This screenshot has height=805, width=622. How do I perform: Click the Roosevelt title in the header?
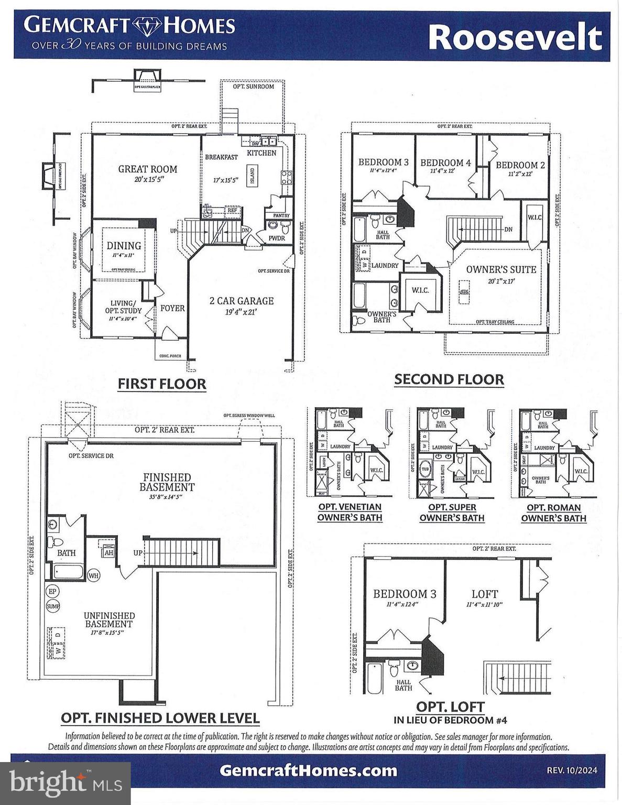515,37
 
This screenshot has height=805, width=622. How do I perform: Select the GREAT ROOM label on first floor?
147,169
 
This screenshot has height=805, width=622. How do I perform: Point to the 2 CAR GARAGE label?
242,301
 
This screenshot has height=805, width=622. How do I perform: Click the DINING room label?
124,245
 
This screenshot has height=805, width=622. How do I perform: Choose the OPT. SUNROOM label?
253,86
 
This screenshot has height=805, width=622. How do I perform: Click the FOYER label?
172,308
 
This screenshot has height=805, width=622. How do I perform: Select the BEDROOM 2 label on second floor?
520,165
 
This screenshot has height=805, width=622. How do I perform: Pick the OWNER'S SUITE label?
501,269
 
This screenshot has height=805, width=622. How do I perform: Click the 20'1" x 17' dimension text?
501,281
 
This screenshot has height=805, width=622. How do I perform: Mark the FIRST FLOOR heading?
161,384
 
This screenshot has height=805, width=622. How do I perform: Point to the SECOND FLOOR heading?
449,379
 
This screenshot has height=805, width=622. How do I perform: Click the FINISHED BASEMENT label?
167,482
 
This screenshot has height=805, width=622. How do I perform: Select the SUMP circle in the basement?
53,606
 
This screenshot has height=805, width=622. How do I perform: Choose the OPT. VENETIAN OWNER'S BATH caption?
350,513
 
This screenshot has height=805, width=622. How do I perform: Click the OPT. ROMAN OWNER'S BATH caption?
553,513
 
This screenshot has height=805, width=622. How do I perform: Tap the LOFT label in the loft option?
484,594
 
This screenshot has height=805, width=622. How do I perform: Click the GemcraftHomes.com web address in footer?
308,770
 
